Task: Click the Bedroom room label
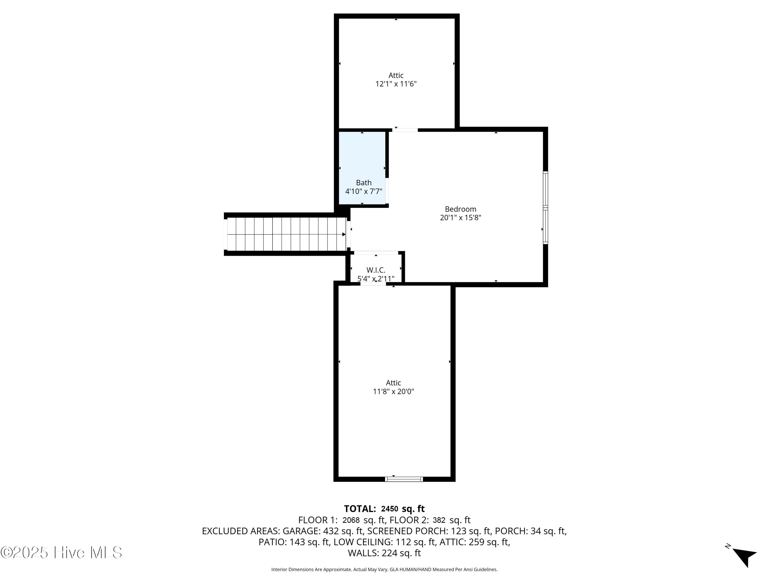click(460, 209)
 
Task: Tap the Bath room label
click(364, 182)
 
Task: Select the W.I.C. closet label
click(376, 270)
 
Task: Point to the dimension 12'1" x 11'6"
click(396, 84)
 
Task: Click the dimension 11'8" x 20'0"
click(393, 391)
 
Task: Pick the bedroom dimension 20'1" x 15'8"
click(461, 217)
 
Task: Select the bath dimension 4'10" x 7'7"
click(364, 191)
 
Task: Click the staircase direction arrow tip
click(345, 234)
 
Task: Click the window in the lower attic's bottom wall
click(404, 479)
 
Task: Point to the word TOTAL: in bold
click(360, 508)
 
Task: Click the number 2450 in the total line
click(390, 509)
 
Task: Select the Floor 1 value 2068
click(351, 520)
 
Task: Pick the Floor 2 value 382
click(439, 520)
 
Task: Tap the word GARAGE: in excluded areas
click(301, 531)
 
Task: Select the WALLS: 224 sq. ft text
click(384, 553)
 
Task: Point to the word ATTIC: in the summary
click(453, 542)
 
